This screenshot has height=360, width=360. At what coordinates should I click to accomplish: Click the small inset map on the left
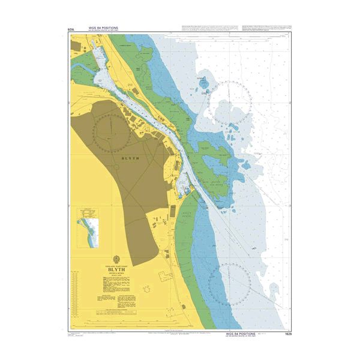pyautogui.click(x=89, y=227)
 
